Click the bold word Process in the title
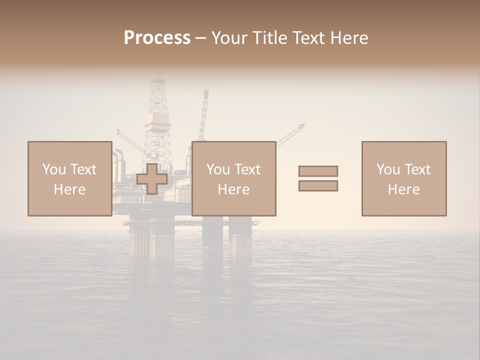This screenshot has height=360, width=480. pyautogui.click(x=157, y=38)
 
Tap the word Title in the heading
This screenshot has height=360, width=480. pyautogui.click(x=268, y=38)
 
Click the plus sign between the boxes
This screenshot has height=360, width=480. pyautogui.click(x=151, y=178)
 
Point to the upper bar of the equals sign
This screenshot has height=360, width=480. pyautogui.click(x=318, y=171)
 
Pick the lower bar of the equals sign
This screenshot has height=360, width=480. pyautogui.click(x=318, y=185)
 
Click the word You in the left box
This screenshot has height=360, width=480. pyautogui.click(x=54, y=169)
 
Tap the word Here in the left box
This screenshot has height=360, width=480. pyautogui.click(x=69, y=189)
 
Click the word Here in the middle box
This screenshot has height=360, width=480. pyautogui.click(x=233, y=189)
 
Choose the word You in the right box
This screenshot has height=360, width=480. pyautogui.click(x=388, y=169)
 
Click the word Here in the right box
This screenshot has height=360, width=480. pyautogui.click(x=403, y=189)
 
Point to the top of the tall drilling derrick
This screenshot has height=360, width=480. pyautogui.click(x=158, y=75)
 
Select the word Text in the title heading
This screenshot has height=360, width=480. pyautogui.click(x=305, y=38)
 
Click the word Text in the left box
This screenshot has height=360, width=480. pyautogui.click(x=83, y=169)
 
